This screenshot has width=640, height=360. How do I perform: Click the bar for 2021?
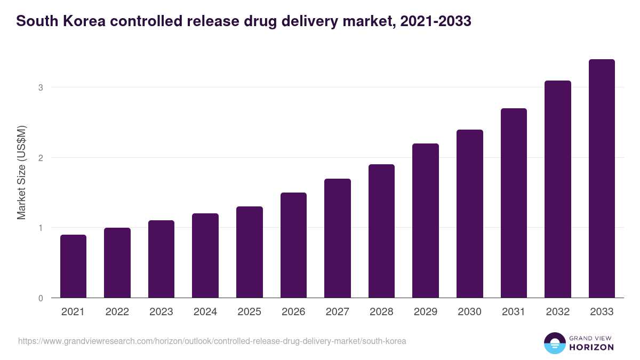coord(73,266)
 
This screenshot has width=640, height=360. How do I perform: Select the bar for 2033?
coord(602,179)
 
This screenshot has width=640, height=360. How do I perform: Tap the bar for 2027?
coord(338,238)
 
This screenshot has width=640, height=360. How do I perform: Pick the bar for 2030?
coord(470,214)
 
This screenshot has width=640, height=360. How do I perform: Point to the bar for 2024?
coord(205,255)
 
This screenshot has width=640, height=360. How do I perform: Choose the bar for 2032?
coord(558,189)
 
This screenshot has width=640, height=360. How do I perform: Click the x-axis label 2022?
coord(117,312)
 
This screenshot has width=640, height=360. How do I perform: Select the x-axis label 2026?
coord(293,312)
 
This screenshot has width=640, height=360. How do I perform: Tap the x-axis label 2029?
coord(426,312)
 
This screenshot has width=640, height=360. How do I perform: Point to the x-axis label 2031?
coord(514,312)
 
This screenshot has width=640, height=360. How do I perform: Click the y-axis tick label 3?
coord(40,87)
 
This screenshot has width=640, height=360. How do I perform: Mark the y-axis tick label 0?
coord(40,298)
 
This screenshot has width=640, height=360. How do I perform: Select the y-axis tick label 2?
coord(40,158)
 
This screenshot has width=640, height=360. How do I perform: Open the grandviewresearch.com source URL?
coord(212,341)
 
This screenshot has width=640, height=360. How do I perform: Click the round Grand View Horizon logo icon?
coord(554,343)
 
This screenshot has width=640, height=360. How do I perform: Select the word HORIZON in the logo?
coord(591,347)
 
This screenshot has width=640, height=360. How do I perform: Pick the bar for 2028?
coord(381,231)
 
